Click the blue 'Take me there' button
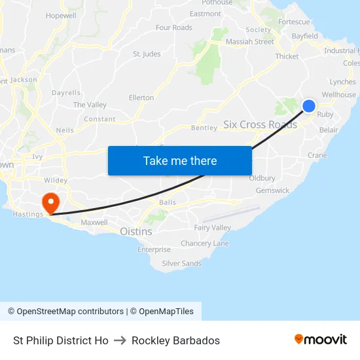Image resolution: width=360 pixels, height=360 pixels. tap(179, 160)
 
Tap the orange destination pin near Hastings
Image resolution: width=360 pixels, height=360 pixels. tap(50, 201)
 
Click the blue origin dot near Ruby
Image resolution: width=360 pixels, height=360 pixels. tap(308, 106)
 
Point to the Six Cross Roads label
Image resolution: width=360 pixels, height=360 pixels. tap(260, 124)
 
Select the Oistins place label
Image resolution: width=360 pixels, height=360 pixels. tap(135, 231)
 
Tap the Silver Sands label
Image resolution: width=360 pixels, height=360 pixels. tap(181, 263)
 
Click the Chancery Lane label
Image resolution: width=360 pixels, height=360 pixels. tap(204, 243)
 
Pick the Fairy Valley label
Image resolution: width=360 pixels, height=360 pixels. tap(212, 228)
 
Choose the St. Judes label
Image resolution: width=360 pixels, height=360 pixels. tap(147, 54)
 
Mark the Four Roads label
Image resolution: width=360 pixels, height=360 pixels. tap(173, 27)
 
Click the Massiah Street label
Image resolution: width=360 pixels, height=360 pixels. tap(249, 42)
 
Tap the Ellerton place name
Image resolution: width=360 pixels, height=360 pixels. tap(141, 98)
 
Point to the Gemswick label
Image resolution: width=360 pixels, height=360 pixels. tap(272, 190)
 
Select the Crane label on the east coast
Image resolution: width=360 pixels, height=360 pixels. tap(317, 155)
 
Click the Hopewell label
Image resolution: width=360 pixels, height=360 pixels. tap(61, 15)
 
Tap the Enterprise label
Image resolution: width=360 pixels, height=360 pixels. tap(154, 249)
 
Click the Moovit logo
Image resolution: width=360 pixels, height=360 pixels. tap(320, 339)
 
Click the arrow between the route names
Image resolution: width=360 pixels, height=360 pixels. tap(120, 340)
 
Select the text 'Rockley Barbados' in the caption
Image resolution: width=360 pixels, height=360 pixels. tap(175, 340)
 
